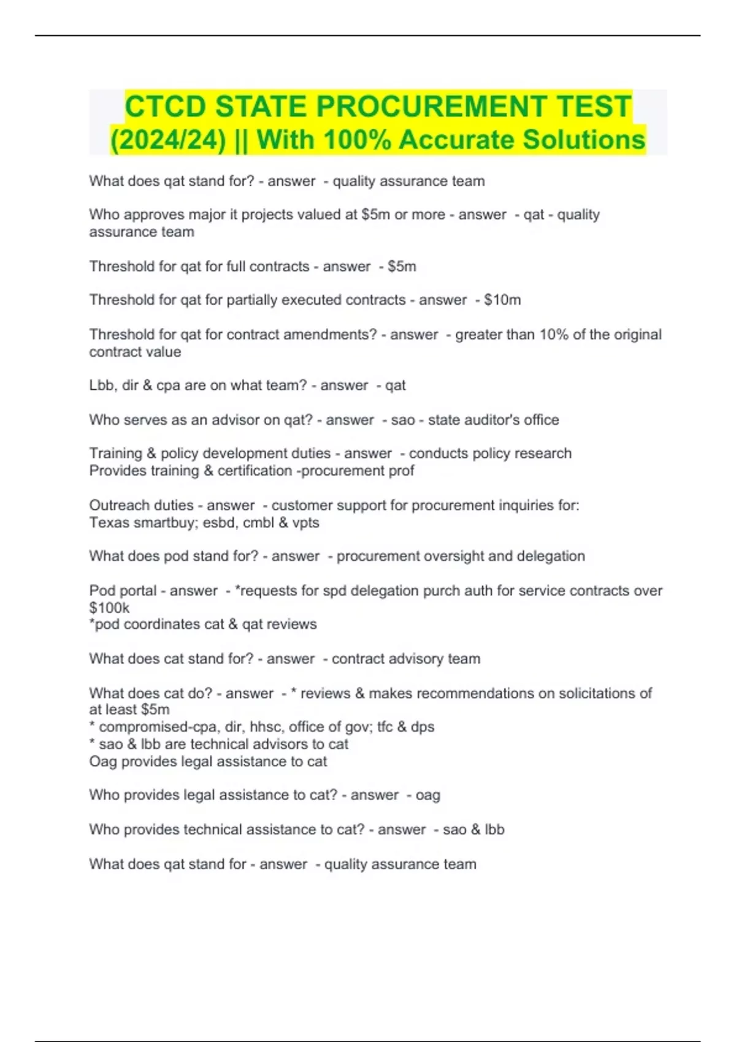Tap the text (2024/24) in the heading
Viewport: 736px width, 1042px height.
(x=167, y=139)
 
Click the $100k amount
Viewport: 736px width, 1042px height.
(x=109, y=608)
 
